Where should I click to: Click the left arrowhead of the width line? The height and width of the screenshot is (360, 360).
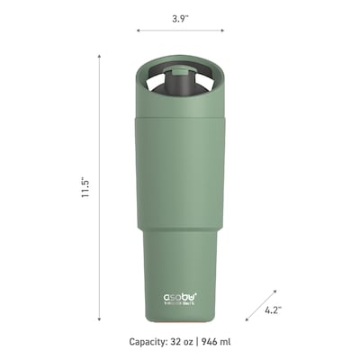139,30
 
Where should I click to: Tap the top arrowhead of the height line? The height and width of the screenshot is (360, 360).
99,54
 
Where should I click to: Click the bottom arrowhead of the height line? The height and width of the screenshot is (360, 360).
99,318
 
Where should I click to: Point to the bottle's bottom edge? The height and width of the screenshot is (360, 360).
180,320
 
